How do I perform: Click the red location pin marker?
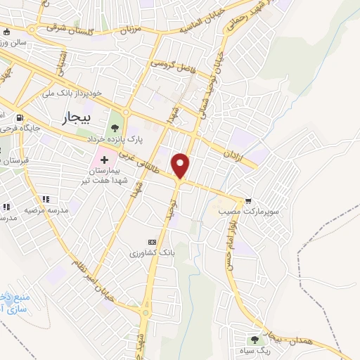[181, 165]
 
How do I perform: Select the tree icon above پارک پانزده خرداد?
[115, 127]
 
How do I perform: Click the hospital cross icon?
[104, 161]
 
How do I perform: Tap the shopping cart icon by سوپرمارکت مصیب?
[247, 200]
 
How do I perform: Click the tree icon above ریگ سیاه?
[255, 340]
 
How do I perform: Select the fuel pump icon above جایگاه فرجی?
[19, 117]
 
